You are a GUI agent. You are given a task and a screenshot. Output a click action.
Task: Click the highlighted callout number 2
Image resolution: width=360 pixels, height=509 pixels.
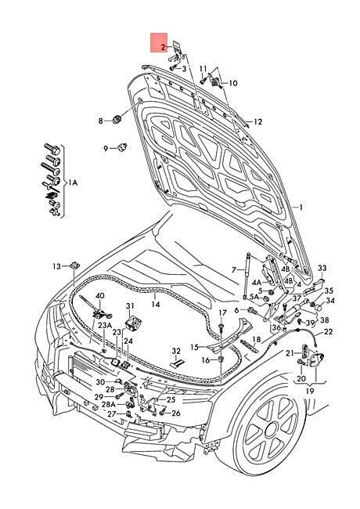(163, 48)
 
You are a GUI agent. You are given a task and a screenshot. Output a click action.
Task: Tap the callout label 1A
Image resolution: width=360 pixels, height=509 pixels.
(72, 183)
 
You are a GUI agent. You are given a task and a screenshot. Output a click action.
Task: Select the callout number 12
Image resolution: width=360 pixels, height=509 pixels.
(258, 122)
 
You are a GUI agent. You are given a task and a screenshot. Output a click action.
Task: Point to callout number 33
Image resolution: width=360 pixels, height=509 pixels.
(322, 268)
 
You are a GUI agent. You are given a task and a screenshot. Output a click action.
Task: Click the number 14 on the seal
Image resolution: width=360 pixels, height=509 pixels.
(156, 305)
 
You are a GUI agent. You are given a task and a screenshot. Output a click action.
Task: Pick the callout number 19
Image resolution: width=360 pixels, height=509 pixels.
(310, 391)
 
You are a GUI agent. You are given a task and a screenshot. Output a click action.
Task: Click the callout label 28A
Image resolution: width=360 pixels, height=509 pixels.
(108, 405)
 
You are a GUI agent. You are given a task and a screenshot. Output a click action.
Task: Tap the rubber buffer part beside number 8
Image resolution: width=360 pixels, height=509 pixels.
(117, 120)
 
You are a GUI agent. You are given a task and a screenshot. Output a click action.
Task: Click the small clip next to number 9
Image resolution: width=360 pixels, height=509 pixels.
(123, 147)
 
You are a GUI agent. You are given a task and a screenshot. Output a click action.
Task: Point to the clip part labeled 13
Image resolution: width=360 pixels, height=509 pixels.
(75, 265)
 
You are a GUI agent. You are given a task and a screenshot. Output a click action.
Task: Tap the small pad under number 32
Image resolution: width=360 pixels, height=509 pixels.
(177, 363)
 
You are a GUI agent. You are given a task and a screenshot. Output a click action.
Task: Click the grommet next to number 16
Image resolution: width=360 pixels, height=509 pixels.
(221, 359)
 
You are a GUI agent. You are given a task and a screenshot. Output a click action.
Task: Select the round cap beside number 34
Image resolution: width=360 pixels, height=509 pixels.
(319, 305)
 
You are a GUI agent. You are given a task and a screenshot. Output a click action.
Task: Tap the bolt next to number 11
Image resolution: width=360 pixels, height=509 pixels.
(203, 81)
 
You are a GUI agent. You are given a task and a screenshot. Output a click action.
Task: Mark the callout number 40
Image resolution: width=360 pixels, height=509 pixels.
(100, 296)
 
